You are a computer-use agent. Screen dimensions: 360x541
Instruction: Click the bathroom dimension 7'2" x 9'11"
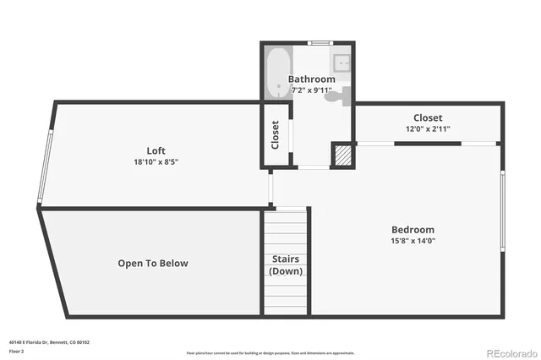click(311, 90)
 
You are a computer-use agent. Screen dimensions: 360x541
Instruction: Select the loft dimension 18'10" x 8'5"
click(156, 162)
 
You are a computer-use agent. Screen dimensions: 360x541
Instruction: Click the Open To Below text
click(153, 264)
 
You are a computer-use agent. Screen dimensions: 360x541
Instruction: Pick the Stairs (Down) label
click(286, 265)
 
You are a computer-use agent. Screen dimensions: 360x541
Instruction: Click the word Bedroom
click(413, 230)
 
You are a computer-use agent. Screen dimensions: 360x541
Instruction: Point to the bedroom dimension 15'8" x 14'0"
click(413, 241)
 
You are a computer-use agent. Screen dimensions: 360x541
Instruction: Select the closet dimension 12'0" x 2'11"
click(428, 129)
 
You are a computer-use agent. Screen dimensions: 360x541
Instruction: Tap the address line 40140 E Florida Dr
click(49, 342)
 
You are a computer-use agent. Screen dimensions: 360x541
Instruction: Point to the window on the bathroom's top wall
click(320, 42)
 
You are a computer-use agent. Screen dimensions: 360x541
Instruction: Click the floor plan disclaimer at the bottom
click(270, 352)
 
